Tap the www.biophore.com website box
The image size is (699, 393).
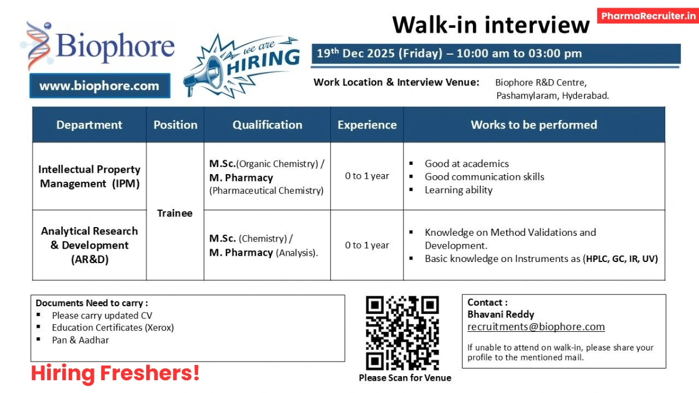point(99,86)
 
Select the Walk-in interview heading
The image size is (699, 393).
point(490,25)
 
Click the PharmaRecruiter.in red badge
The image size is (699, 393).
point(647,16)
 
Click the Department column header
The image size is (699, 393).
point(89,125)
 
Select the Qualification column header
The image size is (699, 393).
point(267,125)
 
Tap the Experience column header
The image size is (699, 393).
point(367,125)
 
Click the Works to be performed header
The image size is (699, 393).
point(534,125)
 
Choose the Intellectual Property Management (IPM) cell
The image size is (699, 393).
point(89,176)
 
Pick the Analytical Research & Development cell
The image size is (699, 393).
point(89,245)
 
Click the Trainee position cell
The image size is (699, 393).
point(175,213)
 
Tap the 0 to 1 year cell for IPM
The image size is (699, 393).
point(367,176)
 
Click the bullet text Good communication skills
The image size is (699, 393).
point(484,176)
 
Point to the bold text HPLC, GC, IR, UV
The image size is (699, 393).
point(622,259)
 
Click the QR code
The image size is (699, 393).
point(402,333)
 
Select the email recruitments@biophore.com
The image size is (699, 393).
point(536,327)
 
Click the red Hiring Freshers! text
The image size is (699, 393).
point(115,373)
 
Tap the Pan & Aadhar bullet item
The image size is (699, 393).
point(80,340)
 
